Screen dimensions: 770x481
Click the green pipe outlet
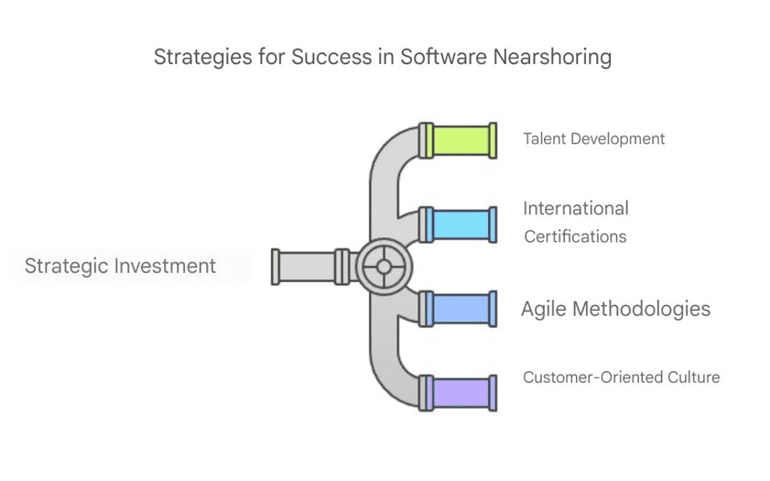pyautogui.click(x=458, y=140)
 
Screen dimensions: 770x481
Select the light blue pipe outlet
pyautogui.click(x=458, y=224)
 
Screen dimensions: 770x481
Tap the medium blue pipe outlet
pyautogui.click(x=458, y=309)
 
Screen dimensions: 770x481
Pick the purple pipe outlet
pyautogui.click(x=458, y=393)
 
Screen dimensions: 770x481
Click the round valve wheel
pyautogui.click(x=384, y=267)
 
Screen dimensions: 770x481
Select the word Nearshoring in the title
pyautogui.click(x=552, y=57)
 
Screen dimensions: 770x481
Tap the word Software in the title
pyautogui.click(x=444, y=57)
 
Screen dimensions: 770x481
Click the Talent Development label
pyautogui.click(x=593, y=139)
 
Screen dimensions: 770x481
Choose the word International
pyautogui.click(x=576, y=208)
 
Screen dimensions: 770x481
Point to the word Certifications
pyautogui.click(x=575, y=236)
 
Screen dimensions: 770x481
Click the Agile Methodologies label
pyautogui.click(x=616, y=309)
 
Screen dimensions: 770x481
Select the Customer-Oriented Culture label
pyautogui.click(x=621, y=377)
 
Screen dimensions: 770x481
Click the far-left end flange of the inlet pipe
pyautogui.click(x=276, y=267)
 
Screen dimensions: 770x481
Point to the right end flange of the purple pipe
pyautogui.click(x=493, y=393)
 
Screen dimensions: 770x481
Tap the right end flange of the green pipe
pyautogui.click(x=493, y=140)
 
